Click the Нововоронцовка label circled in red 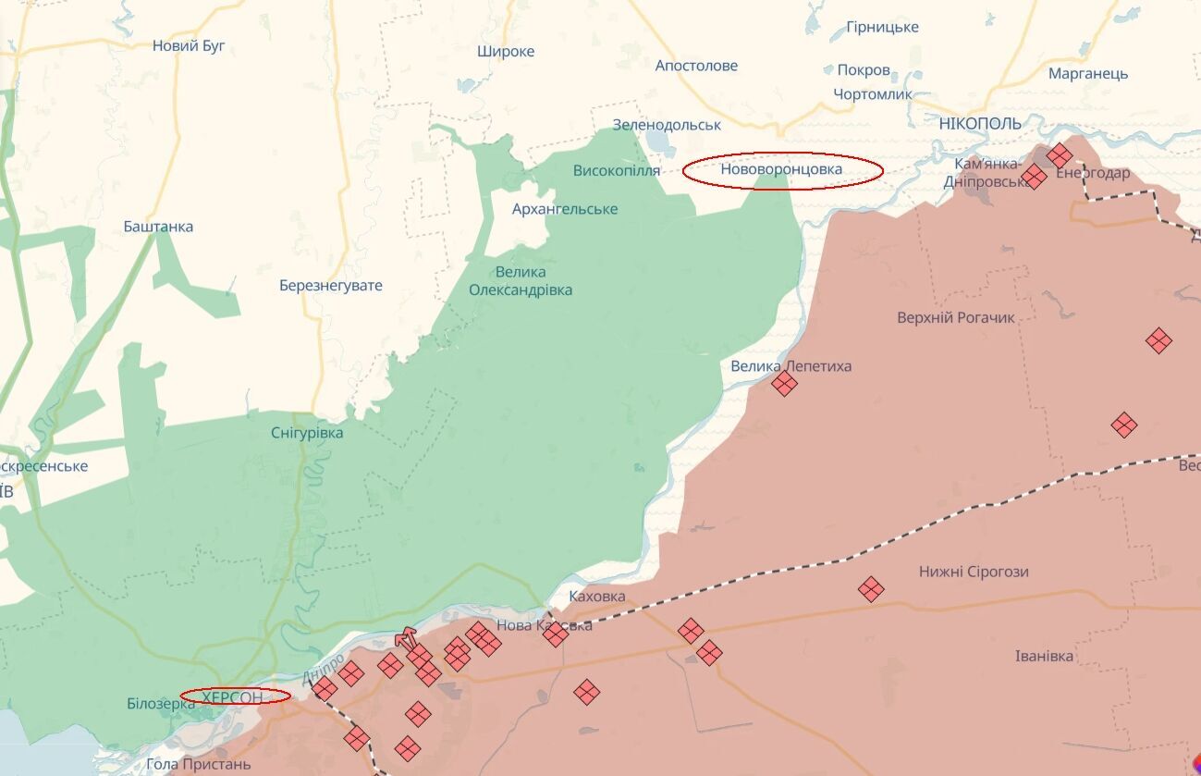pyautogui.click(x=782, y=170)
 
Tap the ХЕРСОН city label pyautogui.click(x=233, y=696)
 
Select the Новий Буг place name pyautogui.click(x=189, y=45)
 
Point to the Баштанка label pyautogui.click(x=158, y=227)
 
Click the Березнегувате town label pyautogui.click(x=331, y=286)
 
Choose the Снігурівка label pyautogui.click(x=307, y=433)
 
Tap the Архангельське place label pyautogui.click(x=565, y=209)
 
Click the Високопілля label pyautogui.click(x=617, y=171)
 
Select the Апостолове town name pyautogui.click(x=696, y=66)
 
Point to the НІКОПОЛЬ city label pyautogui.click(x=980, y=124)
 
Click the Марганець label pyautogui.click(x=1088, y=74)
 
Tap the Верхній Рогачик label pyautogui.click(x=955, y=318)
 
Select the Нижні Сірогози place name pyautogui.click(x=974, y=573)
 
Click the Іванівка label pyautogui.click(x=1044, y=657)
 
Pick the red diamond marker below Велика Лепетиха pyautogui.click(x=784, y=383)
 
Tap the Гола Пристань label pyautogui.click(x=199, y=765)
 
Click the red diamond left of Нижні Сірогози pyautogui.click(x=870, y=588)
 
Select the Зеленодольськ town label pyautogui.click(x=667, y=125)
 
